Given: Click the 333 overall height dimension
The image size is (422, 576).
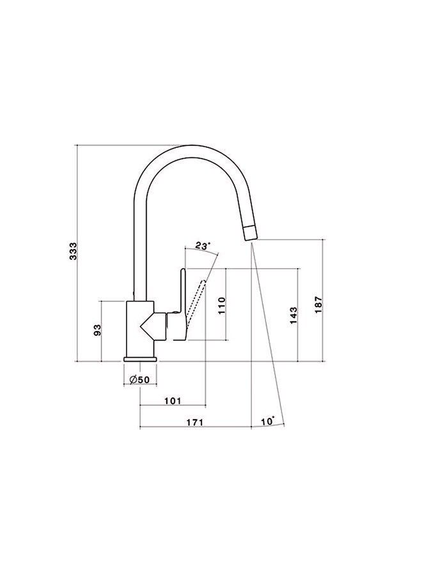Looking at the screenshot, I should point(74,252).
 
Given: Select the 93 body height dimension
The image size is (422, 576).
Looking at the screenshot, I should point(98,330).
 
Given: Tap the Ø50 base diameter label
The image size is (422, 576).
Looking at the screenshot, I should point(139,380).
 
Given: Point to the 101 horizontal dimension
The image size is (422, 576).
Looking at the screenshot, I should point(173,401).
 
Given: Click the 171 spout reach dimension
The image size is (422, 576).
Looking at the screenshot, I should point(194,422).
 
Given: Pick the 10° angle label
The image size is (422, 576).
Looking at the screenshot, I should point(268,421).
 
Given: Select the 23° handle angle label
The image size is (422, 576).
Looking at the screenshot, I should point(202,246).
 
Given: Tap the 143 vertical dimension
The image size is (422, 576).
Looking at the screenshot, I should point(293,315).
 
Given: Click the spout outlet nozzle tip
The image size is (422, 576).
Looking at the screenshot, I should point(249,233).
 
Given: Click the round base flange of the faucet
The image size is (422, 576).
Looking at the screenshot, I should point(139,358).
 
